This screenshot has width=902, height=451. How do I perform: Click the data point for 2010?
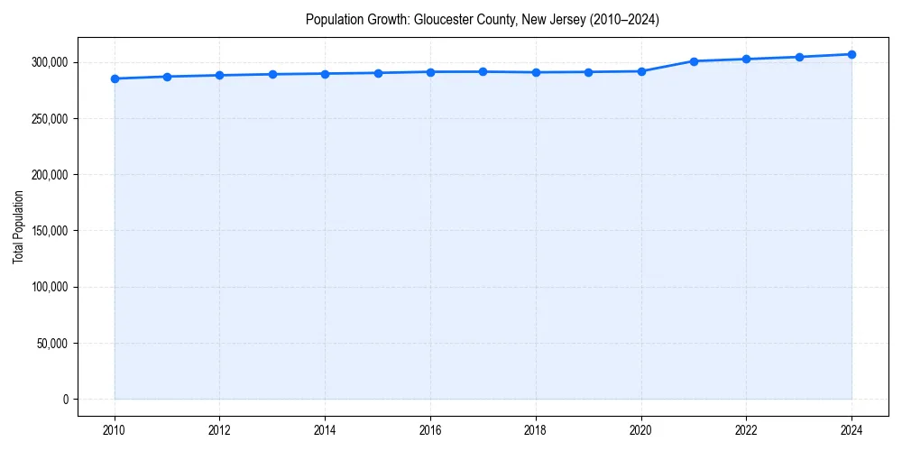click(115, 78)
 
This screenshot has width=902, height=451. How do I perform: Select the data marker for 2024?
click(851, 54)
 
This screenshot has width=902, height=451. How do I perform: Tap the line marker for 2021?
click(694, 61)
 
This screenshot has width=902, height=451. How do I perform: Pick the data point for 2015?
click(378, 73)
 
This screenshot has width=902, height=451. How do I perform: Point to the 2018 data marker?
click(536, 72)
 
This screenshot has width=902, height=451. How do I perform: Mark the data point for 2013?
click(272, 74)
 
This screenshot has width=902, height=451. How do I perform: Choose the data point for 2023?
click(799, 57)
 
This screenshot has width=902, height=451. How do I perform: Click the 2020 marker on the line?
click(641, 71)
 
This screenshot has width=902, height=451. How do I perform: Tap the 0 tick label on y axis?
click(64, 400)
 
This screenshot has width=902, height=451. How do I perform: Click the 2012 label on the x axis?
click(219, 430)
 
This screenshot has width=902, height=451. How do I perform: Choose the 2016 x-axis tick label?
click(430, 430)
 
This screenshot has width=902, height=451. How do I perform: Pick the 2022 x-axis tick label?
click(746, 430)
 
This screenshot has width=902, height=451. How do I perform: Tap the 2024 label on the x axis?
click(851, 430)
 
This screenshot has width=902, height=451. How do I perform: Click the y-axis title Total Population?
click(18, 226)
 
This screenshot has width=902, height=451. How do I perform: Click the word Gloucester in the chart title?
click(441, 20)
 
